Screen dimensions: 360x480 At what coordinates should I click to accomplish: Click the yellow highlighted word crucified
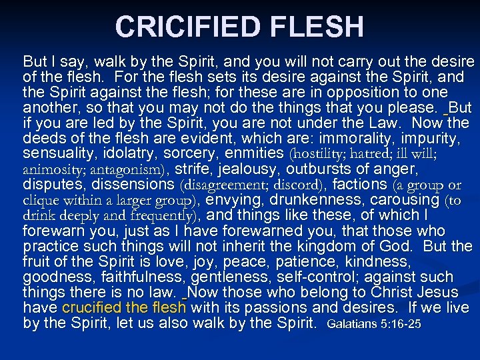point(91,307)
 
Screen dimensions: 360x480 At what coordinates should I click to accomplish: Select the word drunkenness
point(323,199)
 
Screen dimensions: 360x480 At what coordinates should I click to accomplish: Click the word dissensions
point(133,185)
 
